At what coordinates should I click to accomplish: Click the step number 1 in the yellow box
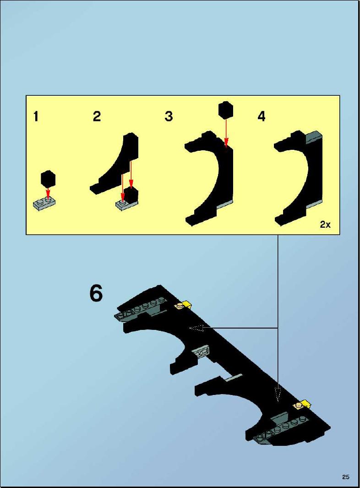coord(36,116)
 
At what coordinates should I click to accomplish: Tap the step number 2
coord(97,116)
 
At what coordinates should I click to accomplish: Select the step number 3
coord(169,116)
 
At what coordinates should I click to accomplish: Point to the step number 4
coord(262,116)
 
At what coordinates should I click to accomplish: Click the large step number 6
coord(96,293)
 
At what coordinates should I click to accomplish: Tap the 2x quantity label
coord(325,225)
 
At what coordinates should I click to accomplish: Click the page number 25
coord(346,477)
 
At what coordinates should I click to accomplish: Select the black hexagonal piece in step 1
coord(48,178)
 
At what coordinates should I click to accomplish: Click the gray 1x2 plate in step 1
coord(44,204)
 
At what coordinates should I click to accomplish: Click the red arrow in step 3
coord(227,133)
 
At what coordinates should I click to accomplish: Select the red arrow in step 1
coord(48,192)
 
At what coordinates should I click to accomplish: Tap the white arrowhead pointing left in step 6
coord(196,328)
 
